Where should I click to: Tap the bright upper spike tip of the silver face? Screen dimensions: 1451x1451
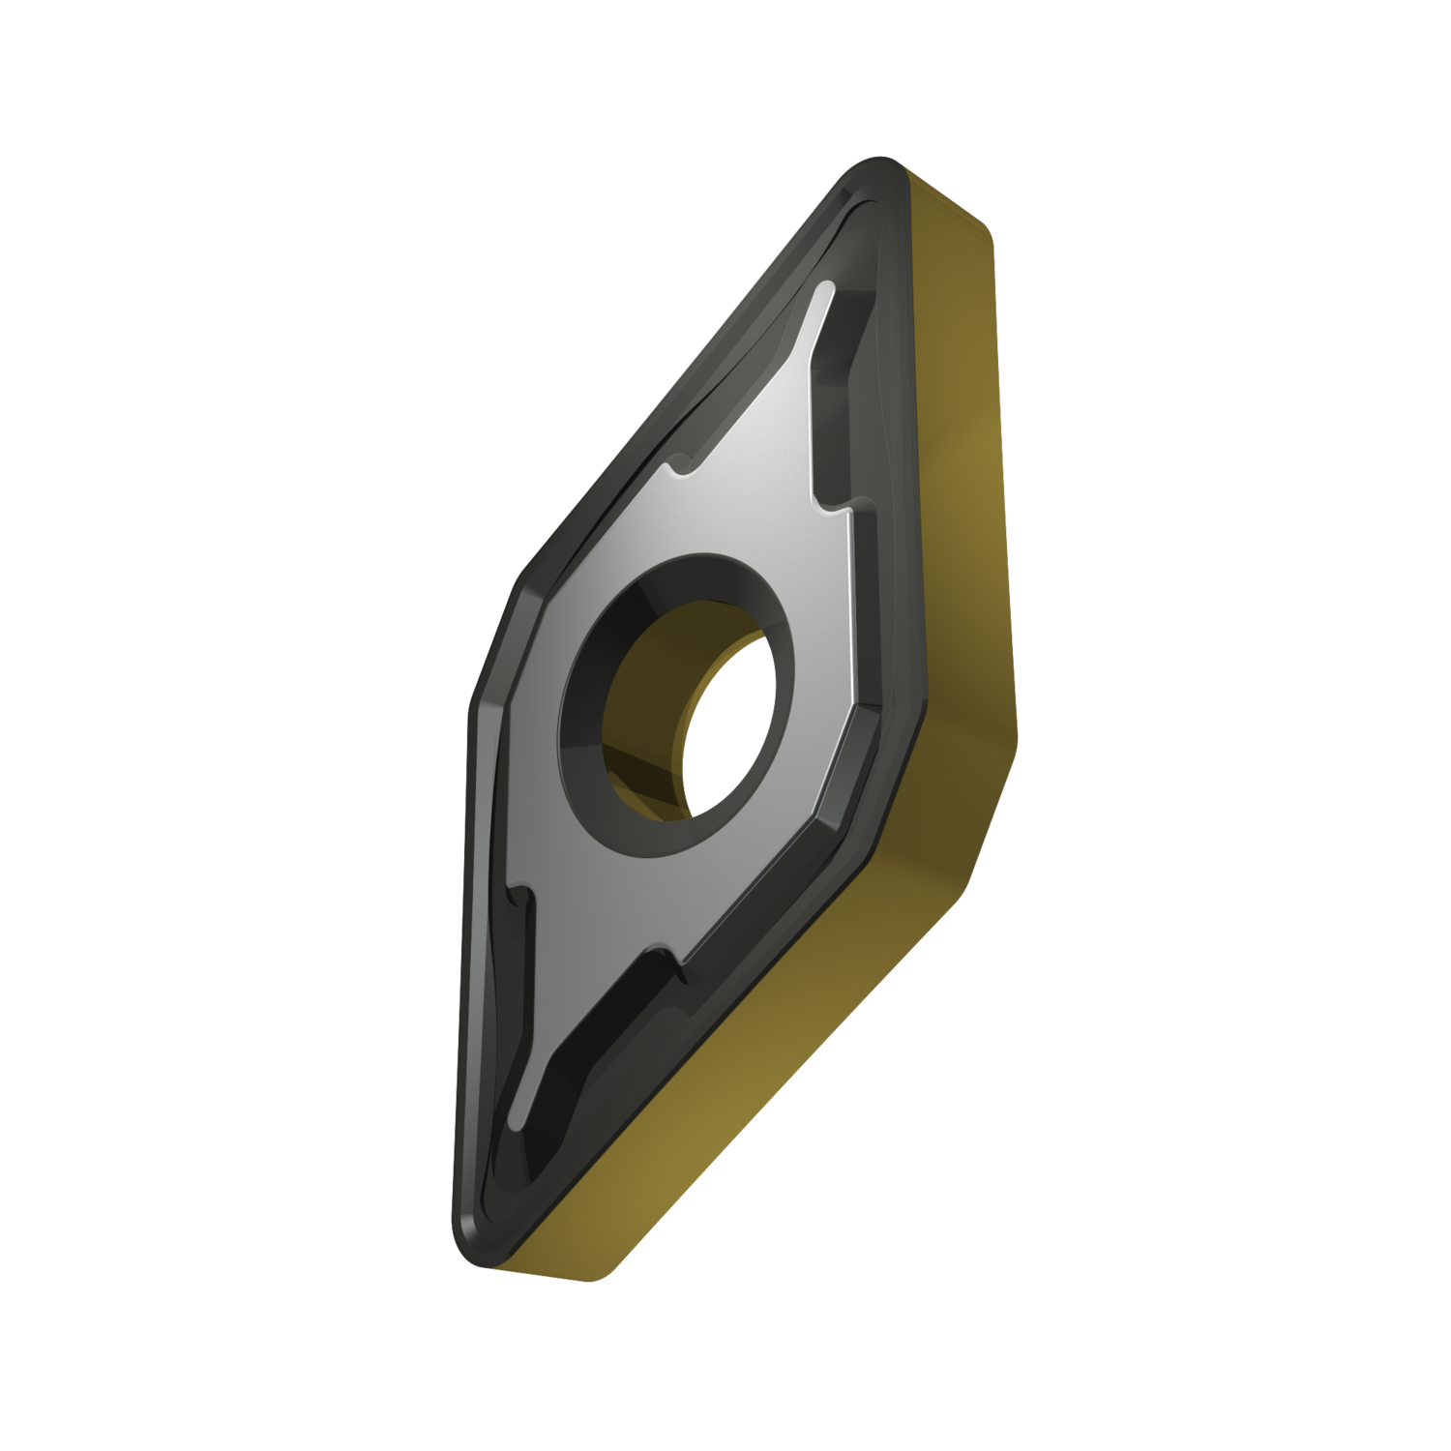coord(824,290)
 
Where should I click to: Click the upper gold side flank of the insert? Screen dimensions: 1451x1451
coord(958,435)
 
